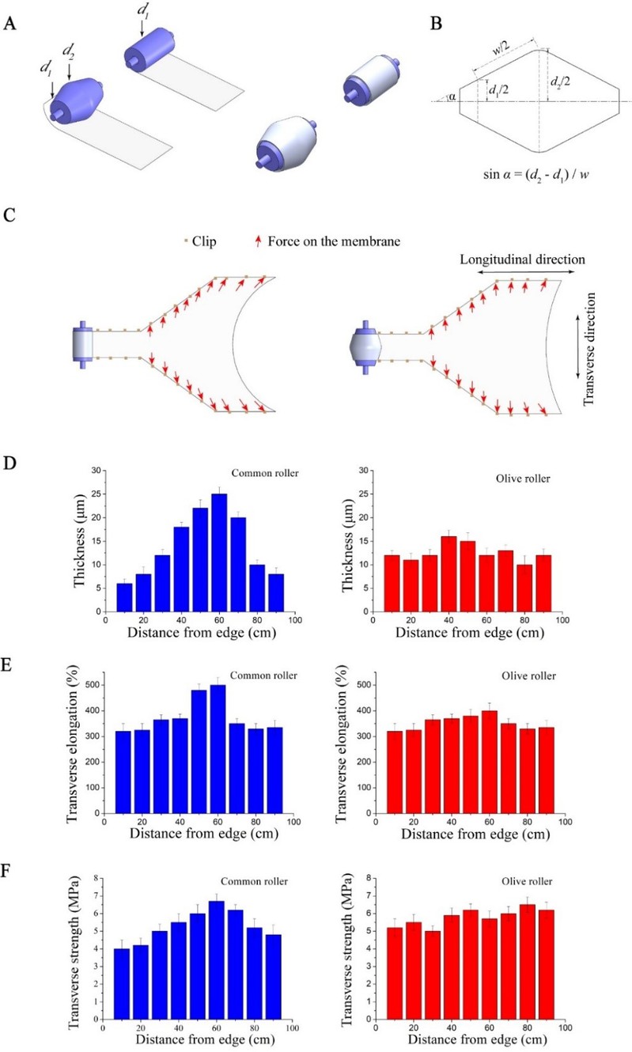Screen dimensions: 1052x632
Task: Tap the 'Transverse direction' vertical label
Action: (x=589, y=347)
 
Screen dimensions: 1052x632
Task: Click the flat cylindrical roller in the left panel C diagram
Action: (x=83, y=343)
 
